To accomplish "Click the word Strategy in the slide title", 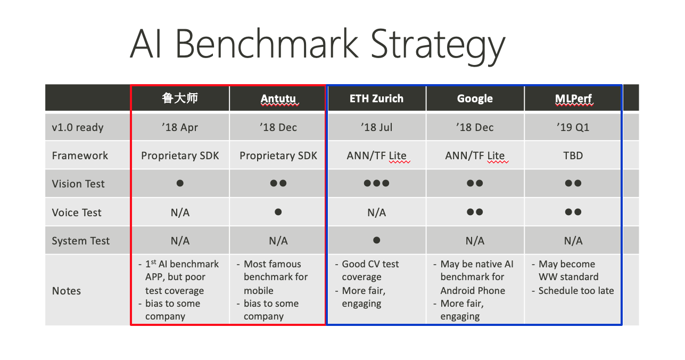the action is pyautogui.click(x=438, y=46).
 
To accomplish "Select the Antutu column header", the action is pyautogui.click(x=278, y=99).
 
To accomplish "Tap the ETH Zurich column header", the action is pyautogui.click(x=376, y=99).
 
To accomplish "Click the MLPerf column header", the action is pyautogui.click(x=573, y=99).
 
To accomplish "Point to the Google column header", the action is pyautogui.click(x=475, y=99).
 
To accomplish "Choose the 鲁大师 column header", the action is pyautogui.click(x=180, y=98).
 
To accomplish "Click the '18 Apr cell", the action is pyautogui.click(x=180, y=127).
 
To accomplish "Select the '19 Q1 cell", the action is pyautogui.click(x=573, y=127).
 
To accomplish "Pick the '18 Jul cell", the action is pyautogui.click(x=376, y=127).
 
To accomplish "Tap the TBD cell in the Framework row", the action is pyautogui.click(x=573, y=156).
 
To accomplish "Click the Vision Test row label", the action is pyautogui.click(x=78, y=184).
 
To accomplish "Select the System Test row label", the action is pyautogui.click(x=81, y=241).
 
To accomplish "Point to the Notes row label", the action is pyautogui.click(x=67, y=291).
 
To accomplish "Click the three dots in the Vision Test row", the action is pyautogui.click(x=376, y=183).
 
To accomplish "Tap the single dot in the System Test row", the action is pyautogui.click(x=377, y=240).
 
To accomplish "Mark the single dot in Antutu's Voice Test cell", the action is pyautogui.click(x=278, y=211).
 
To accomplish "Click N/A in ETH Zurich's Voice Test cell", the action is pyautogui.click(x=376, y=212).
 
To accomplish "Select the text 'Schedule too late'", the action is pyautogui.click(x=576, y=291).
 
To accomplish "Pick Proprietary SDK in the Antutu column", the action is pyautogui.click(x=278, y=156).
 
